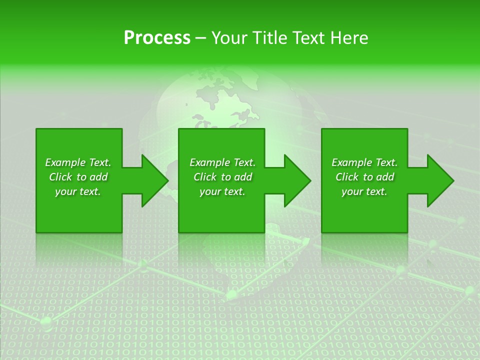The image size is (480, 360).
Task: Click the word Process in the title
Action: (157, 38)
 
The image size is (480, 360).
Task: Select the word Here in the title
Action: (349, 38)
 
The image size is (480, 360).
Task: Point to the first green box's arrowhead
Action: (155, 180)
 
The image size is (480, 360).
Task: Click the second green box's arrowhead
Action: (297, 180)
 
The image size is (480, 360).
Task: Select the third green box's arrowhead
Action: (440, 180)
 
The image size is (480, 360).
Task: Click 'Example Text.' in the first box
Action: (78, 162)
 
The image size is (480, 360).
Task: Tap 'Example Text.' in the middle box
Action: (222, 162)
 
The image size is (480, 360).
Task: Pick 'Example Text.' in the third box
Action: (364, 162)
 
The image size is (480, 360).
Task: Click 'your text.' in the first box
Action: (78, 191)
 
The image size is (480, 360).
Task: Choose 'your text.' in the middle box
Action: (222, 191)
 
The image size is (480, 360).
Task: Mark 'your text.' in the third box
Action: (364, 191)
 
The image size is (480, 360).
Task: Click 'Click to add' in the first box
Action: (78, 177)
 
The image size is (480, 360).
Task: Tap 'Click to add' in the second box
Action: (222, 177)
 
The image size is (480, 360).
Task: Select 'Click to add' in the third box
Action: (364, 177)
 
